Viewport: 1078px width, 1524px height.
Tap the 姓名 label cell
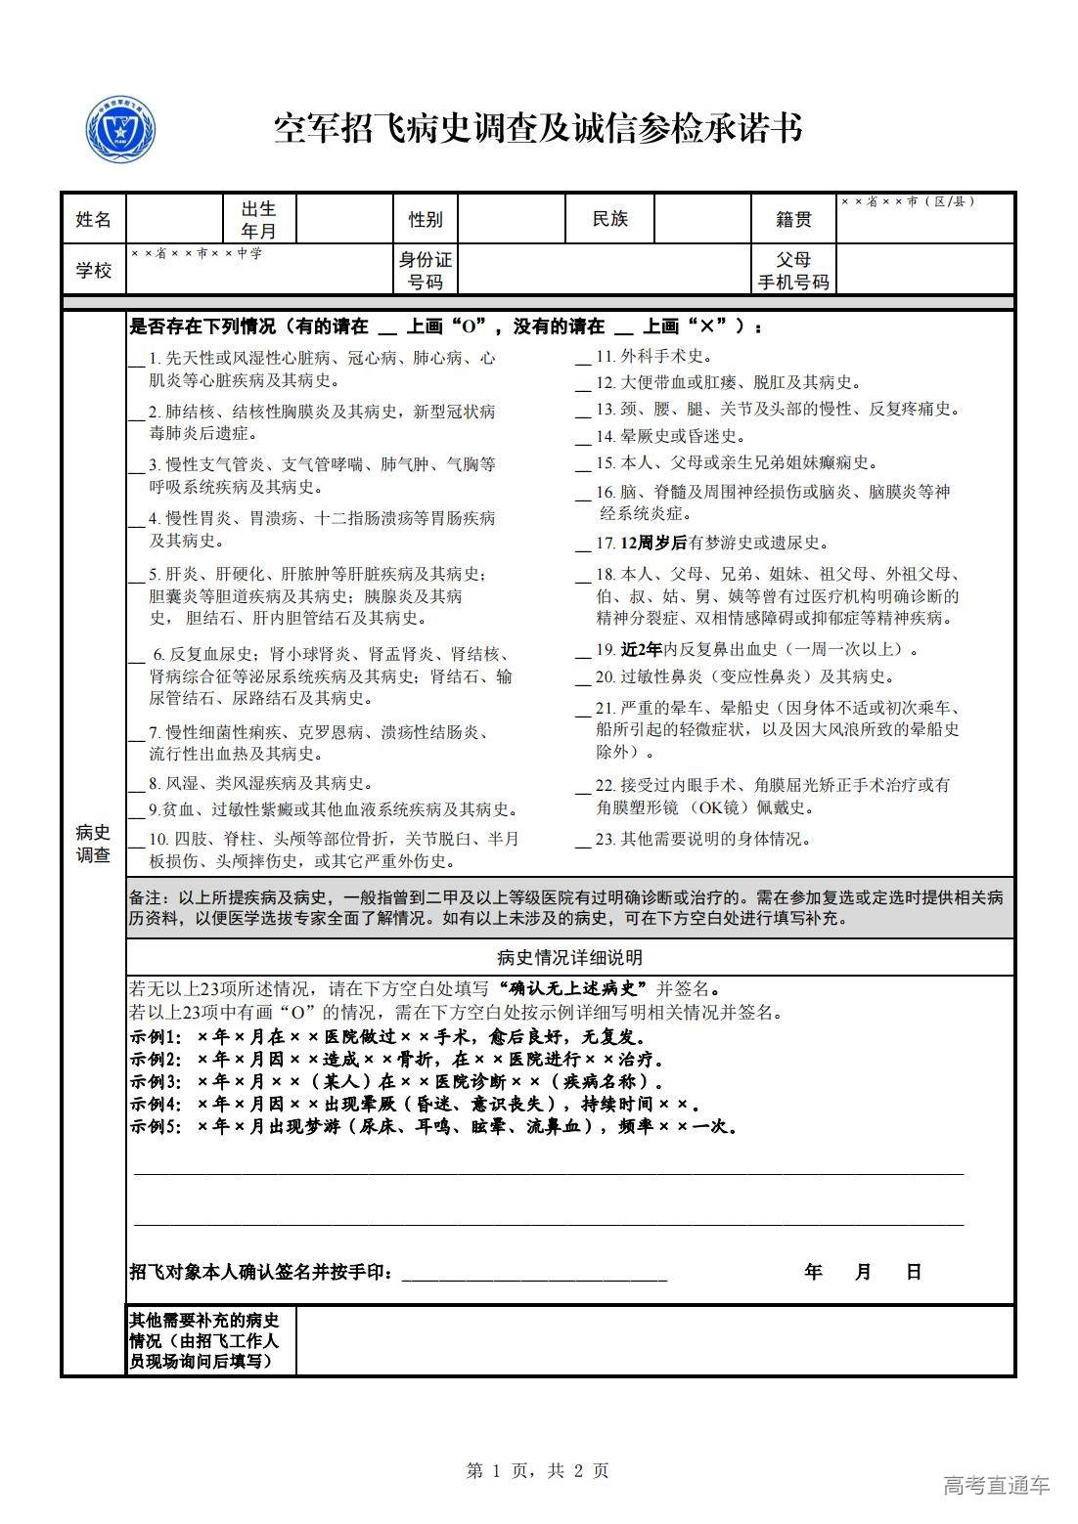[94, 219]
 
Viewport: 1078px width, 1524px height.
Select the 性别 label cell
[426, 219]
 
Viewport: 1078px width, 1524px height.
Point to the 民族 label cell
[609, 219]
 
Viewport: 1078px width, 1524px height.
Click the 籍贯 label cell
[793, 219]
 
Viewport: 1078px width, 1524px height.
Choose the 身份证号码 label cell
[426, 271]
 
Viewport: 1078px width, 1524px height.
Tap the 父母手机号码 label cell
[793, 271]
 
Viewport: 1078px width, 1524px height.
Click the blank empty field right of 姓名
[174, 219]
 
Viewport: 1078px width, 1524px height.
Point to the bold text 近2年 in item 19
[642, 649]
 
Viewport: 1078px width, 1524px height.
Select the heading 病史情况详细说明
[569, 958]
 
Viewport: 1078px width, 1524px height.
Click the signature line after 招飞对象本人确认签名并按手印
[534, 1274]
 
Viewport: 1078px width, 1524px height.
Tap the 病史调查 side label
[94, 844]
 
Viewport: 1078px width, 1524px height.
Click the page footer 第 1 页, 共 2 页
[538, 1470]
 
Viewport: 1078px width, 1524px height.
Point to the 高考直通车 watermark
[996, 1485]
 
